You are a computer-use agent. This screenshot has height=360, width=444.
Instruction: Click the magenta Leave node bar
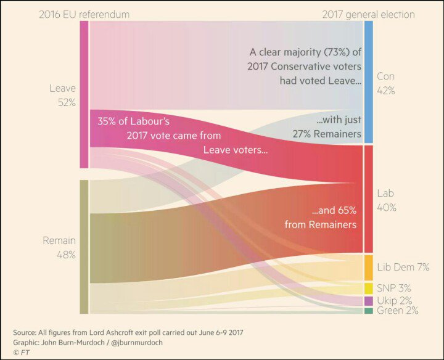84,94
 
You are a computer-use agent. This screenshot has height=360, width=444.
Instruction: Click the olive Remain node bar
84,247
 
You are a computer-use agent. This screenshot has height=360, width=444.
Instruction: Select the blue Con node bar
369,82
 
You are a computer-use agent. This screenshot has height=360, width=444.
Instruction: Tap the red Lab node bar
369,199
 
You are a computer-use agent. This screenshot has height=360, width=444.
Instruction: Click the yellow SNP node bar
369,288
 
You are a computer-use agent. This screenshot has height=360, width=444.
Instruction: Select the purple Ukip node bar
369,301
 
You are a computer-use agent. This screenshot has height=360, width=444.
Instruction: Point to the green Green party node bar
369,311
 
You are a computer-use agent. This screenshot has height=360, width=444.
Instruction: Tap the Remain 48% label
59,247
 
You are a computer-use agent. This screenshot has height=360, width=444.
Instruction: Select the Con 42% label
386,83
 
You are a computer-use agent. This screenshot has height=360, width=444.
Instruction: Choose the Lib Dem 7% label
403,267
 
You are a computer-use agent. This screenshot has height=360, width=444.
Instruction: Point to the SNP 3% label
394,288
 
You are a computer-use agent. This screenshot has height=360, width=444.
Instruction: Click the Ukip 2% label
394,300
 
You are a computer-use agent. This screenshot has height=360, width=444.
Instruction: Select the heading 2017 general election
368,14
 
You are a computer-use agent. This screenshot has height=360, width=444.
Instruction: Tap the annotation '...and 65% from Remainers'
321,218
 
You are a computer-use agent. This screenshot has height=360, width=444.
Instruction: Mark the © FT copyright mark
20,352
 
